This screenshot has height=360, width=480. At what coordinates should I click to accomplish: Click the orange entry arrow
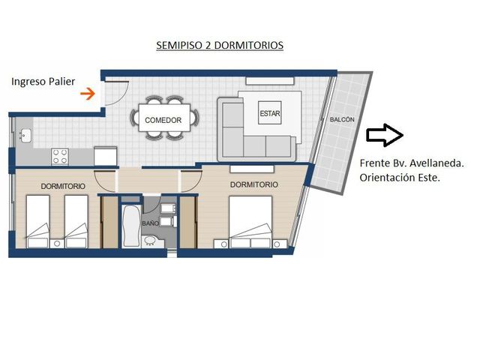pyautogui.click(x=88, y=94)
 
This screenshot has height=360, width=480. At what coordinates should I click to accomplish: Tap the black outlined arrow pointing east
pyautogui.click(x=385, y=135)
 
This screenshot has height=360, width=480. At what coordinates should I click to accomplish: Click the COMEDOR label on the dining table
pyautogui.click(x=163, y=120)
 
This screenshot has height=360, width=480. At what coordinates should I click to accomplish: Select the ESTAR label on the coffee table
pyautogui.click(x=270, y=113)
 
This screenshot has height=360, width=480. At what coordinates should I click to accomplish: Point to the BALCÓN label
pyautogui.click(x=342, y=119)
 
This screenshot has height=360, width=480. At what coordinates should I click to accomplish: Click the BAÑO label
pyautogui.click(x=150, y=223)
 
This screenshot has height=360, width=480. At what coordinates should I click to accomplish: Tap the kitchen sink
pyautogui.click(x=25, y=136)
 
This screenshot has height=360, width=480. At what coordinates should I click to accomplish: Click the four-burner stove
pyautogui.click(x=60, y=157)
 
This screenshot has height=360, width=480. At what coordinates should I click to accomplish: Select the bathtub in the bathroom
pyautogui.click(x=131, y=226)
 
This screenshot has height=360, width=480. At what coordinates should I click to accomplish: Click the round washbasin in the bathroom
pyautogui.click(x=150, y=241)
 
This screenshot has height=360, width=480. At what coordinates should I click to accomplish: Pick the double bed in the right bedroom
pyautogui.click(x=250, y=222)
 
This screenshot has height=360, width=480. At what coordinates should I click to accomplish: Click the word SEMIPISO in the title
pyautogui.click(x=179, y=45)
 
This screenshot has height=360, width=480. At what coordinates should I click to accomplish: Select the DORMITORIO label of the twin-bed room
pyautogui.click(x=63, y=186)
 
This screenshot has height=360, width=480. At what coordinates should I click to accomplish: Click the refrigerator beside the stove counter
pyautogui.click(x=105, y=157)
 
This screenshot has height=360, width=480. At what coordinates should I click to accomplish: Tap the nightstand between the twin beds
pyautogui.click(x=57, y=244)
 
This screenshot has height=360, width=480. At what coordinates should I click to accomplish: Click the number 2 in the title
pyautogui.click(x=208, y=45)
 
